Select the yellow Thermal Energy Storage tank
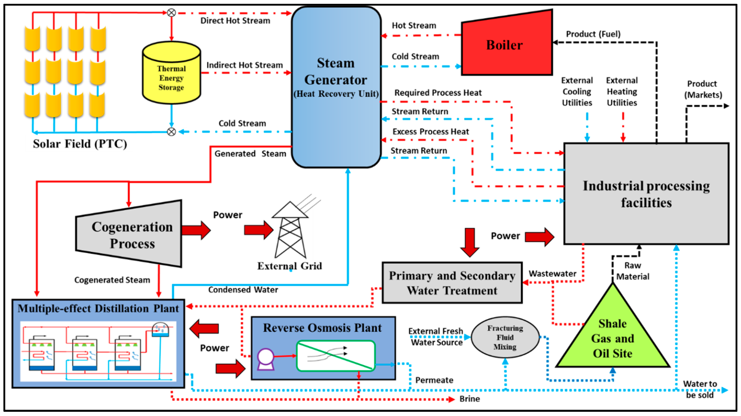coord(171,75)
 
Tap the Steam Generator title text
coord(336,71)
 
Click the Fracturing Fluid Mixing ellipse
coord(505,337)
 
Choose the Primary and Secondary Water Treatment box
coord(452,283)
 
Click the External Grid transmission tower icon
coord(290,230)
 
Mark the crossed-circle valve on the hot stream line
coord(171,13)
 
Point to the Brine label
coord(469,399)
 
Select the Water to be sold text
coord(700,389)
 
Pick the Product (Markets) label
coord(703,89)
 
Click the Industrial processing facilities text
coord(646,194)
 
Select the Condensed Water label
coord(243,290)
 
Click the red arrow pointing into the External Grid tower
coord(258,230)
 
